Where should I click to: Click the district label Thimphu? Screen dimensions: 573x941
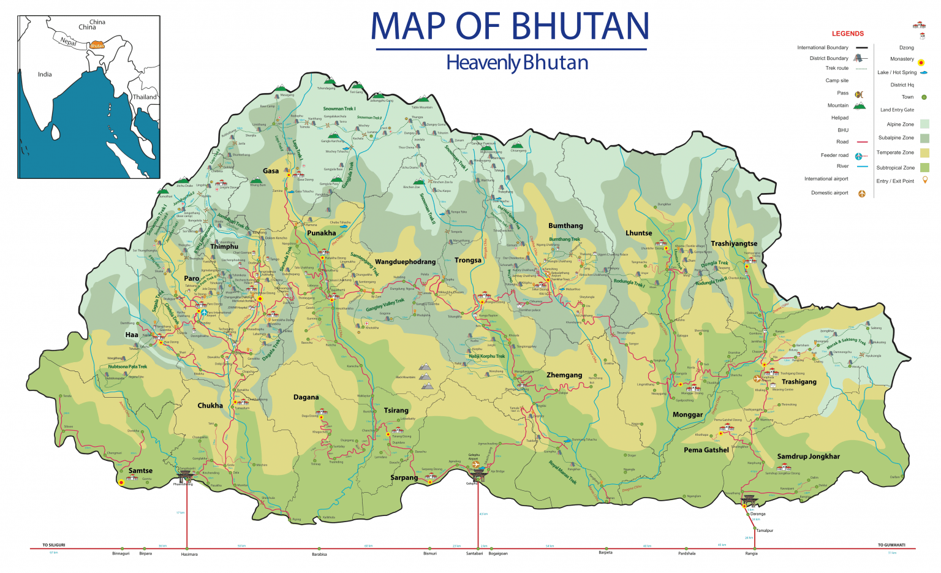tap(224, 246)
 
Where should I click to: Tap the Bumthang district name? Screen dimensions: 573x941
tap(565, 226)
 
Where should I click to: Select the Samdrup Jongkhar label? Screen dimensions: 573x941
tap(808, 456)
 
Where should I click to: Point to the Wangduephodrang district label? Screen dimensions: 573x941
tap(405, 262)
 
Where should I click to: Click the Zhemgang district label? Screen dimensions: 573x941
tap(564, 375)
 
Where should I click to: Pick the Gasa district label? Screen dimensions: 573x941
tap(271, 171)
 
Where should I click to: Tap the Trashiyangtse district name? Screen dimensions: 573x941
tap(734, 243)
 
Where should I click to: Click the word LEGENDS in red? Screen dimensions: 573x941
tap(847, 34)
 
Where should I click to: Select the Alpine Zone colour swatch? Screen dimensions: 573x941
tap(924, 124)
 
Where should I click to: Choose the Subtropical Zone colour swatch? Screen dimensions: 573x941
tap(924, 167)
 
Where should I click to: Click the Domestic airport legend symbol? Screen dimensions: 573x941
tap(861, 194)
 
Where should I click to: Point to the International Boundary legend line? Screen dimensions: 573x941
tap(861, 48)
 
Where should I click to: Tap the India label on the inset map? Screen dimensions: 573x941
tap(45, 74)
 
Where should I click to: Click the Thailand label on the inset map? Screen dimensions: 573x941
tap(145, 97)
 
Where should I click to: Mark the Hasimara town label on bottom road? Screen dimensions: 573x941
tap(189, 554)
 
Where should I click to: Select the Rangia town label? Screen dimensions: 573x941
tap(751, 553)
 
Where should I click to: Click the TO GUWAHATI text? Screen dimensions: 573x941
tap(891, 545)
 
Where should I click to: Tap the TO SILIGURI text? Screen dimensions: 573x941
tap(54, 545)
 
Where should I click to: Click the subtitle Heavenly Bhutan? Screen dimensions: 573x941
tap(517, 63)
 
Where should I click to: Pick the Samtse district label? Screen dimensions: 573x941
tap(140, 471)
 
